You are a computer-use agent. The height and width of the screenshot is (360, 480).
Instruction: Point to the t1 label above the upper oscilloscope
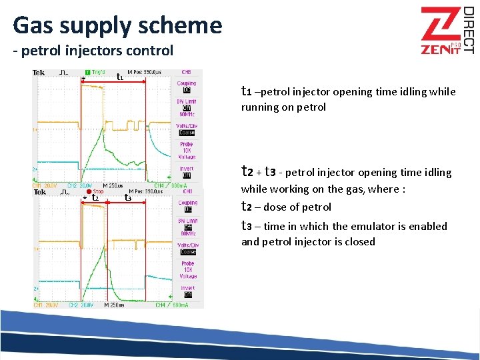click(119, 77)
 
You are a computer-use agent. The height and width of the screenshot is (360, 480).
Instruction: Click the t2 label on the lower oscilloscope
click(95, 197)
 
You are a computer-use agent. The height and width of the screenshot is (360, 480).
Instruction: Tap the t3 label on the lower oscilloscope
click(127, 197)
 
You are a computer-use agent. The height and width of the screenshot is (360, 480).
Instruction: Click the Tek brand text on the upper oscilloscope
click(39, 72)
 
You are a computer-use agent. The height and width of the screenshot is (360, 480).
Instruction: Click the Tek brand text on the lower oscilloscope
click(39, 191)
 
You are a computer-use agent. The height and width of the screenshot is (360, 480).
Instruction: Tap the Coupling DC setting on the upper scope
click(187, 87)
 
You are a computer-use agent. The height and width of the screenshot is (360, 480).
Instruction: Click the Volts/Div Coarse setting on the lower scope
click(187, 249)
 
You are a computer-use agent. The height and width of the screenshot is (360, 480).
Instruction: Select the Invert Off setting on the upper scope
click(187, 172)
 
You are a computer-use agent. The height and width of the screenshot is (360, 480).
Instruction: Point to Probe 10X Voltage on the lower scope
click(187, 270)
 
